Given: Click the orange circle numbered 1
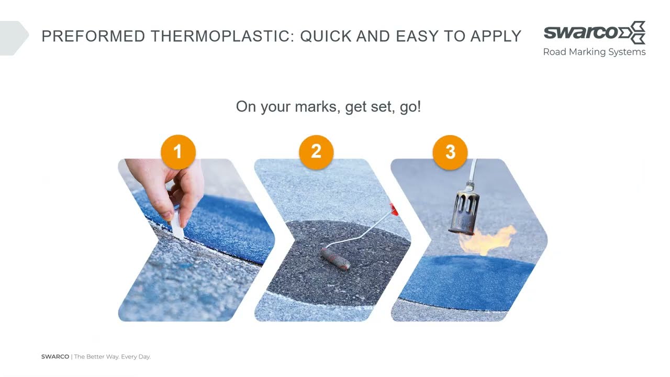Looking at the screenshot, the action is coord(178,152).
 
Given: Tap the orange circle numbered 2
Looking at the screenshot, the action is coord(316,152).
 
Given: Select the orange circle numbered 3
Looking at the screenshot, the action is coord(450,152).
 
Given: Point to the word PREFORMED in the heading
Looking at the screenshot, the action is coord(93,36).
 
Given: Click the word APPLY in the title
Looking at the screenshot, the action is coord(496,36).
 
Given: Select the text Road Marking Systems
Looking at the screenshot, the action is coord(594,52).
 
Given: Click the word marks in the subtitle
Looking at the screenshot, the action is coord(318,106).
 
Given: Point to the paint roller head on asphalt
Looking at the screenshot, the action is coord(336,259).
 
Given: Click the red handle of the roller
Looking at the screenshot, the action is coord(394,209).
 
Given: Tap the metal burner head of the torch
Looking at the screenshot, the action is coord(464,212).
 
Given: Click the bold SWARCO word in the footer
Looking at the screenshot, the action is coord(55,357).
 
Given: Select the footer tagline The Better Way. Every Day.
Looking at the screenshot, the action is coord(113,357).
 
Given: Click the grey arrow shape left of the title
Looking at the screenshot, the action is coord(14,38).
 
